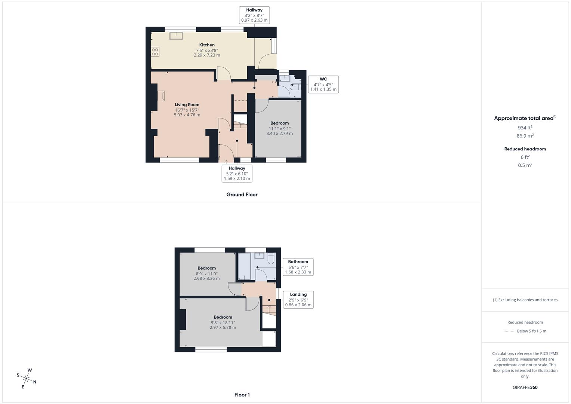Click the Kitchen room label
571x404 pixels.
(207, 45)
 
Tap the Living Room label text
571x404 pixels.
(187, 105)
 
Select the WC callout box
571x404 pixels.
(323, 84)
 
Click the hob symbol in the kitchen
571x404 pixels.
(155, 52)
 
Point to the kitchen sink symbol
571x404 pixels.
(176, 36)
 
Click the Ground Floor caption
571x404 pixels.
(242, 195)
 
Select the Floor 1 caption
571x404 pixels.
(242, 395)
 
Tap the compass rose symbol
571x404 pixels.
(27, 378)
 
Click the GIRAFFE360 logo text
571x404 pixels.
(525, 387)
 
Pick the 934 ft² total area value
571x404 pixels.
(525, 128)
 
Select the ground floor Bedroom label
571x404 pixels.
(280, 123)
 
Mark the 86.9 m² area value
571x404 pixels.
(525, 136)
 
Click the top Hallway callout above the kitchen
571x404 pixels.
(254, 15)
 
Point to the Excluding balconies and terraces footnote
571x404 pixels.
(525, 300)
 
